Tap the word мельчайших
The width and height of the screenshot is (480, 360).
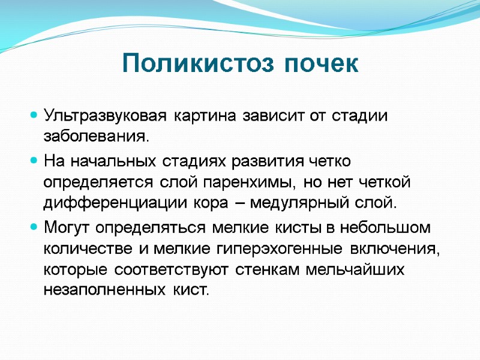tap(355, 269)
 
